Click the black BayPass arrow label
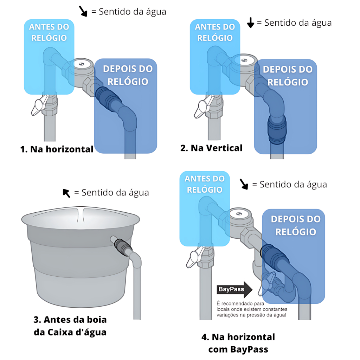pyautogui.click(x=234, y=289)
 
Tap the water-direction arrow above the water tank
pyautogui.click(x=66, y=193)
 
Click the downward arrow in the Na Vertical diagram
pyautogui.click(x=251, y=23)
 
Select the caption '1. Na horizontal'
pyautogui.click(x=57, y=149)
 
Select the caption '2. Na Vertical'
pyautogui.click(x=211, y=148)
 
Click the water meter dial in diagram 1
pyautogui.click(x=82, y=64)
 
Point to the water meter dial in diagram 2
pyautogui.click(x=244, y=60)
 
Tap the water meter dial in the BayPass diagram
pyautogui.click(x=239, y=214)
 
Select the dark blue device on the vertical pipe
pyautogui.click(x=277, y=129)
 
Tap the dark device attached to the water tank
pyautogui.click(x=123, y=247)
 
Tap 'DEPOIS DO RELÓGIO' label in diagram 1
pyautogui.click(x=128, y=75)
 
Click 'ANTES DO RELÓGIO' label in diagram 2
pyautogui.click(x=215, y=32)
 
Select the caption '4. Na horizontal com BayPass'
pyautogui.click(x=238, y=343)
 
